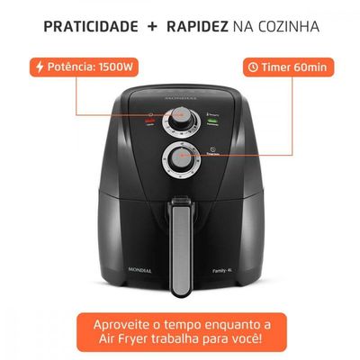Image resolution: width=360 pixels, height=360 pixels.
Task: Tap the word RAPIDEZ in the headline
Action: coord(194,26)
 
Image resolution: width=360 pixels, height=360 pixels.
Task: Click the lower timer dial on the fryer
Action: coord(180,160)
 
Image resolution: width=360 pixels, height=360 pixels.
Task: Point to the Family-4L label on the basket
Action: coord(237,282)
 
